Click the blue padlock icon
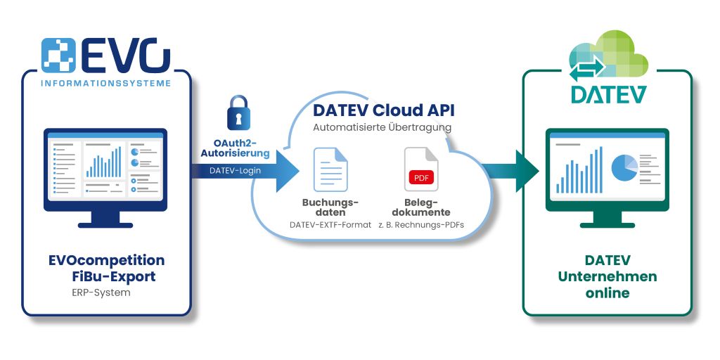(238, 112)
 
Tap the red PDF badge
(421, 177)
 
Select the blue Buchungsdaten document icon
(330, 169)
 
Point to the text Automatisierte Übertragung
(382, 127)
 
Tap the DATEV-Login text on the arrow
(235, 170)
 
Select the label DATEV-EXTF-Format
(330, 225)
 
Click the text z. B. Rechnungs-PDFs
(422, 225)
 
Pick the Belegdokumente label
(421, 207)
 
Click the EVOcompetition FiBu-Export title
(107, 269)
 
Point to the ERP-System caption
(101, 292)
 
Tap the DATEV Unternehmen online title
(607, 276)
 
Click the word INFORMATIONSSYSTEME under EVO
(106, 83)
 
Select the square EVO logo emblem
(58, 56)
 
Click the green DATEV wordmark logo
(609, 94)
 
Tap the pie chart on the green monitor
(624, 167)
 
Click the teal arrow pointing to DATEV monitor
(511, 171)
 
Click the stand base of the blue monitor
(105, 225)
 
